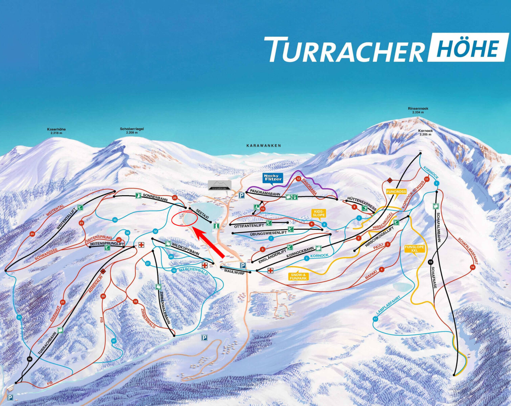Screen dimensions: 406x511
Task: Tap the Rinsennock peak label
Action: tap(418, 110)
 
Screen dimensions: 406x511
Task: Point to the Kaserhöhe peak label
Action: tap(56, 131)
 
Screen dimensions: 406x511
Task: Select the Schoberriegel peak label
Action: tap(132, 131)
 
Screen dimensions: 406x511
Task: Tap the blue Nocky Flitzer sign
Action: tap(273, 178)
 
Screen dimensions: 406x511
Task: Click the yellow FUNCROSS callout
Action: tap(396, 191)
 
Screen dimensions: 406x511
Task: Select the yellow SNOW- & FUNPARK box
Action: tap(298, 276)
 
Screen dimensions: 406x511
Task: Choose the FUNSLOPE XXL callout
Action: tap(414, 249)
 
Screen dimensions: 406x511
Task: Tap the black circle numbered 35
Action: tap(30, 359)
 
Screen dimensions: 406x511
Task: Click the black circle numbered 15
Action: tap(430, 262)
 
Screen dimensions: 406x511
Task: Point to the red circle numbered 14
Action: tap(472, 267)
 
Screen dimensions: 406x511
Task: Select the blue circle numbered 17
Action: tap(375, 319)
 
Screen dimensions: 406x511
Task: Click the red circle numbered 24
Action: tap(32, 234)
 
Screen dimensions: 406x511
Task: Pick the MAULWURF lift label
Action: tap(234, 271)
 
